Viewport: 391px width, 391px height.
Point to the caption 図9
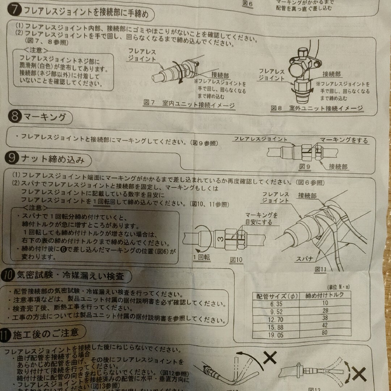point(306,167)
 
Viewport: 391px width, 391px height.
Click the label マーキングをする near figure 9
point(344,140)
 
